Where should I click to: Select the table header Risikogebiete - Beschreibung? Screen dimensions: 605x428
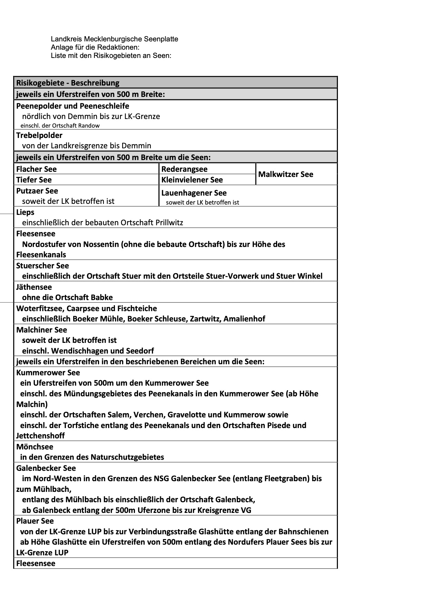68,83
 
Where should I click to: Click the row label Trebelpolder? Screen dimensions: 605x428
39,135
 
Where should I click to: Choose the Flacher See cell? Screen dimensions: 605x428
36,169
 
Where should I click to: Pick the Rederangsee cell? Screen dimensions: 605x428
184,169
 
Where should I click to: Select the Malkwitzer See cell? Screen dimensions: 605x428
285,174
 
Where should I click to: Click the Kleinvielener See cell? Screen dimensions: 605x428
192,180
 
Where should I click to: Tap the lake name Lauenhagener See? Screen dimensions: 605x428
194,193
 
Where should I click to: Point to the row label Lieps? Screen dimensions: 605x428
25,212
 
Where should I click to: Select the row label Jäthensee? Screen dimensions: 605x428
34,287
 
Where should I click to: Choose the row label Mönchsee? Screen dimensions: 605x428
35,447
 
